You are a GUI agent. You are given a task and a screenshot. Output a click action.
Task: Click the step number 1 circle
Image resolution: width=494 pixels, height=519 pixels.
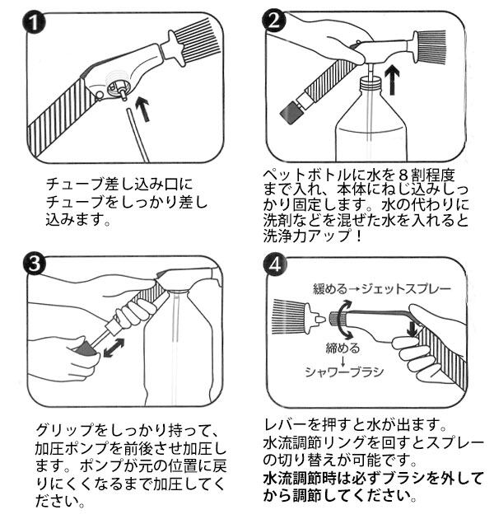pyautogui.click(x=34, y=22)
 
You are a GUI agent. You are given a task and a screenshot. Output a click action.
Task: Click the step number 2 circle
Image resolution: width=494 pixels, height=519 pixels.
pyautogui.click(x=273, y=21)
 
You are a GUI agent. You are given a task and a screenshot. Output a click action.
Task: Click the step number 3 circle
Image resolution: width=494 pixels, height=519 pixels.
pyautogui.click(x=34, y=264)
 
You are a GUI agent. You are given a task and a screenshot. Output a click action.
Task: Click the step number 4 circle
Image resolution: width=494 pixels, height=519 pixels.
pyautogui.click(x=275, y=264)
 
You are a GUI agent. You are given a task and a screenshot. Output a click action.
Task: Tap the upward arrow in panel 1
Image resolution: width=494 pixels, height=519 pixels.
pyautogui.click(x=143, y=109)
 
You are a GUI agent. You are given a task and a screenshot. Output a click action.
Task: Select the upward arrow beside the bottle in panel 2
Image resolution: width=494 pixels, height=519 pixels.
pyautogui.click(x=393, y=79)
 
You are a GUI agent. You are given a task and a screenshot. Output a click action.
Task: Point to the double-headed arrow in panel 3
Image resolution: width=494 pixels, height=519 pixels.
pyautogui.click(x=114, y=348)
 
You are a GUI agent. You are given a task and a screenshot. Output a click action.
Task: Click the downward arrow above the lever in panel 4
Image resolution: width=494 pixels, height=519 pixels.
pyautogui.click(x=412, y=328)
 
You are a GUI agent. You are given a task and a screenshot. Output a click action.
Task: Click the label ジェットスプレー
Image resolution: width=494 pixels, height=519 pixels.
pyautogui.click(x=406, y=289)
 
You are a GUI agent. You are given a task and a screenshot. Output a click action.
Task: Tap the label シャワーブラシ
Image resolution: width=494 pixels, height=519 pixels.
pyautogui.click(x=344, y=372)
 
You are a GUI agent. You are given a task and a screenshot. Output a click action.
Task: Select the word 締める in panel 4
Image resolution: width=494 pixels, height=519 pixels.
pyautogui.click(x=343, y=348)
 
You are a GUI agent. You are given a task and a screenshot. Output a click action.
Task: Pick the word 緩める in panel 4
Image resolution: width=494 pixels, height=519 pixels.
pyautogui.click(x=330, y=289)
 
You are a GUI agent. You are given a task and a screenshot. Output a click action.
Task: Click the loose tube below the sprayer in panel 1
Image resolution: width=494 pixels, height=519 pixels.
pyautogui.click(x=137, y=135)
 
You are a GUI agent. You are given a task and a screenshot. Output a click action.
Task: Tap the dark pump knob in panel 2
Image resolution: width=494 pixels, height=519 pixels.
pyautogui.click(x=290, y=112)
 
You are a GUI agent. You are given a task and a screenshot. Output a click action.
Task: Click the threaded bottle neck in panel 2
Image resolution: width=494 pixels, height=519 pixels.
pyautogui.click(x=370, y=82)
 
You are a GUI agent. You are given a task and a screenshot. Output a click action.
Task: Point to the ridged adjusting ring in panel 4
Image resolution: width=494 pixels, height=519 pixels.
pyautogui.click(x=338, y=319)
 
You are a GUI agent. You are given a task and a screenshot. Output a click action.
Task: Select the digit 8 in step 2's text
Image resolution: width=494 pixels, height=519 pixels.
pyautogui.click(x=402, y=175)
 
